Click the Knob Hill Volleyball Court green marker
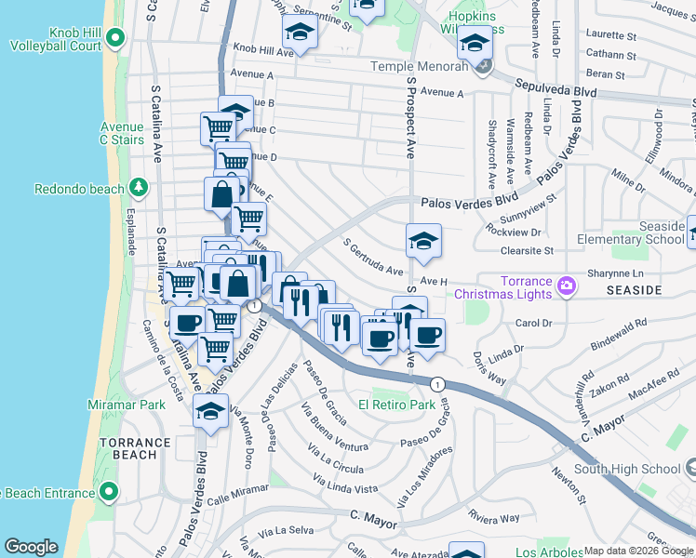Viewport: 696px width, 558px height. point(114,38)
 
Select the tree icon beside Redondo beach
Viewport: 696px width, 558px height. point(139,188)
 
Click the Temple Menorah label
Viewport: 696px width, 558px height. point(419,66)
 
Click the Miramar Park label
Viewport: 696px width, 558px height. point(126,405)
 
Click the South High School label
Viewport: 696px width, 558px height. point(627,469)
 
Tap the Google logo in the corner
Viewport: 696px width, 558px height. point(31,547)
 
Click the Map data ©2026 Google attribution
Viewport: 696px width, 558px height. point(638,551)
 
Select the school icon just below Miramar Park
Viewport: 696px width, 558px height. point(211,410)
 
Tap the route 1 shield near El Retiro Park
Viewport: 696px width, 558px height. point(435,383)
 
